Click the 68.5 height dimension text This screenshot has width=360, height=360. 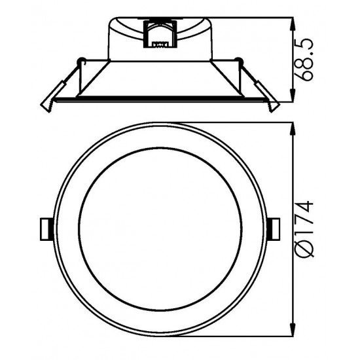(303, 60)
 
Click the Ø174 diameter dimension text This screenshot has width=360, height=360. (304, 229)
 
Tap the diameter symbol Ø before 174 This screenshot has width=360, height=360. (304, 249)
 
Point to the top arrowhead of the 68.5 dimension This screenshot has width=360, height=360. (293, 25)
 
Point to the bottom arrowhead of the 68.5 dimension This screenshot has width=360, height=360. (293, 95)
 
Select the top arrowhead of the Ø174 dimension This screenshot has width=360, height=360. (293, 130)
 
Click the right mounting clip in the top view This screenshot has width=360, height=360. (274, 229)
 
